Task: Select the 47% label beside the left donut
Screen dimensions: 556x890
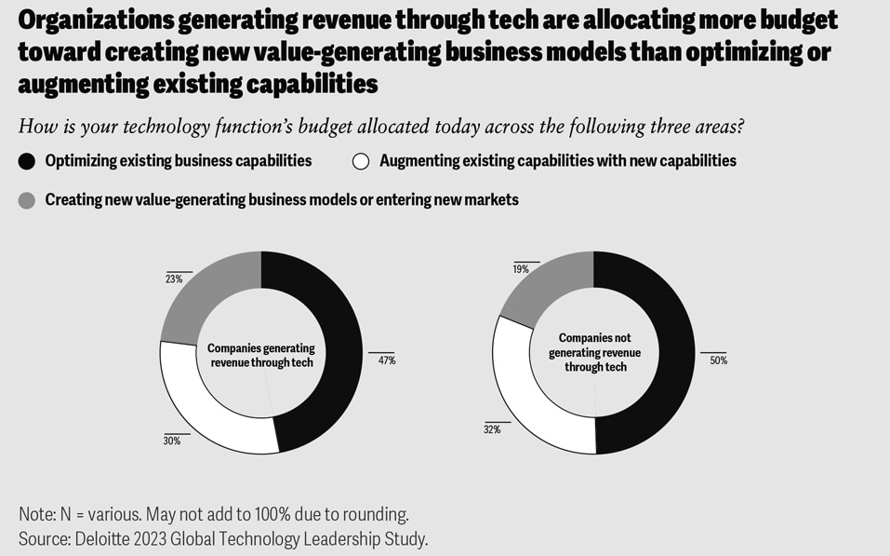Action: (386, 359)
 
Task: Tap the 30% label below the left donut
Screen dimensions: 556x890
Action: (171, 441)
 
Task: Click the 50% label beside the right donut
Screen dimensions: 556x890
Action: (718, 359)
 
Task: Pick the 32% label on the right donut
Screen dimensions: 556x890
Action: (492, 429)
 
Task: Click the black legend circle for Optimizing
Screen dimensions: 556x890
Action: (27, 161)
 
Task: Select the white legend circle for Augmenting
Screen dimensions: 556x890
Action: (361, 161)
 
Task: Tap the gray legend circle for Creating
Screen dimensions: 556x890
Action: (27, 199)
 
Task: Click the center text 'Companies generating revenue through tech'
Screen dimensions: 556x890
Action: (260, 355)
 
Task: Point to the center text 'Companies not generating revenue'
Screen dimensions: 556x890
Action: (594, 353)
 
